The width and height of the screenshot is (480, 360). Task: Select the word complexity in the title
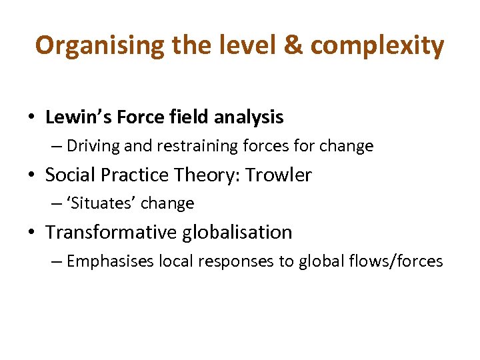(x=377, y=45)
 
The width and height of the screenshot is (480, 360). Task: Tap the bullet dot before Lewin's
(x=31, y=118)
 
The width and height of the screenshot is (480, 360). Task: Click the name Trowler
(x=279, y=175)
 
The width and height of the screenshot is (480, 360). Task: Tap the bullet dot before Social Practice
(x=31, y=175)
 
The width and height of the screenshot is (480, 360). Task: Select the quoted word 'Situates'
(x=99, y=203)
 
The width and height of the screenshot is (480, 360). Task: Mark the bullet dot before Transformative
(x=31, y=233)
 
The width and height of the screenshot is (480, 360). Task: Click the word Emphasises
(x=111, y=261)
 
